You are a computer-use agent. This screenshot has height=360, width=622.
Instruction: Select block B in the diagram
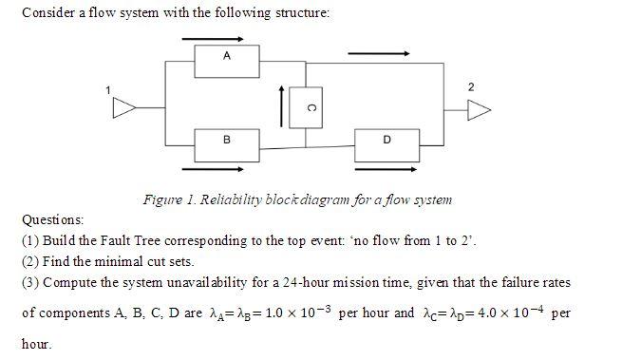tap(226, 140)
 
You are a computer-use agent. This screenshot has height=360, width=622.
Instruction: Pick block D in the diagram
tap(386, 140)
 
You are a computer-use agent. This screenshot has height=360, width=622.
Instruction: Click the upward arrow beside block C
tap(281, 104)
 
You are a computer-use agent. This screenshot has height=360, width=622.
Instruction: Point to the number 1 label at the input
tap(108, 90)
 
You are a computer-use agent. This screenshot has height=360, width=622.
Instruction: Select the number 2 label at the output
tap(472, 86)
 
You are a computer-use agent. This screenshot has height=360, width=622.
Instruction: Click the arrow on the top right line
tap(379, 54)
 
